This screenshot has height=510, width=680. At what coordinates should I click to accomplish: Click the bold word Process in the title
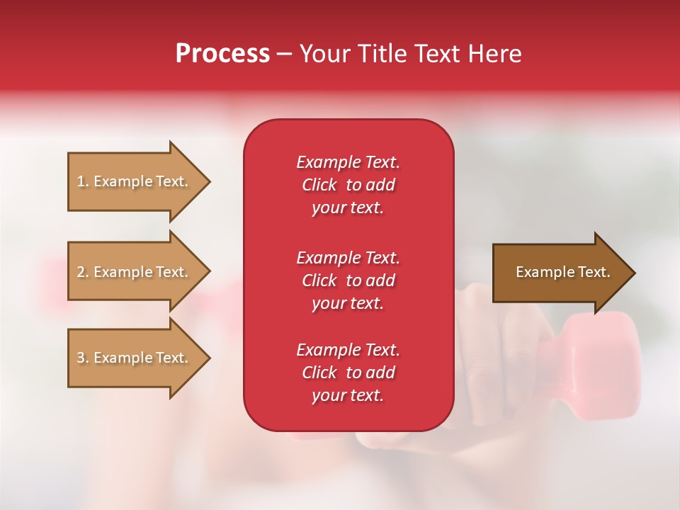(x=222, y=54)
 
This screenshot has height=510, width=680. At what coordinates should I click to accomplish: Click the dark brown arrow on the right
(x=560, y=273)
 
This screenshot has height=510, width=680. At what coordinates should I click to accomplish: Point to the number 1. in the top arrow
(x=83, y=182)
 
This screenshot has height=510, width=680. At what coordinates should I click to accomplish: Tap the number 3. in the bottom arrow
(x=83, y=358)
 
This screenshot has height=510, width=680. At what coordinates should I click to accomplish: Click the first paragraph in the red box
(x=348, y=185)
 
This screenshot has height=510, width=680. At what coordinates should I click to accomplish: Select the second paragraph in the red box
(x=348, y=280)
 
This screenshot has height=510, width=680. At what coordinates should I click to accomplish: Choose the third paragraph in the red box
(x=348, y=373)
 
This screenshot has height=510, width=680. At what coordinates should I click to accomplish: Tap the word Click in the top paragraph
(x=319, y=185)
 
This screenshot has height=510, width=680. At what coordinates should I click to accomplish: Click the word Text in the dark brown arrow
(x=594, y=272)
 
